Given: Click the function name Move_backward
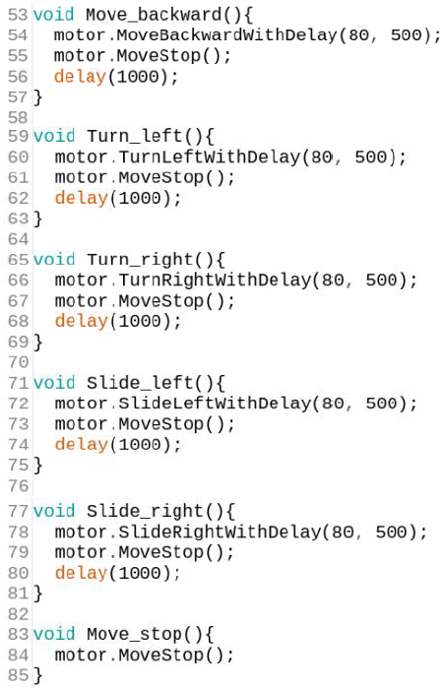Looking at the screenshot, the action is pyautogui.click(x=155, y=15).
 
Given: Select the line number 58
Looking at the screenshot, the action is pyautogui.click(x=18, y=117).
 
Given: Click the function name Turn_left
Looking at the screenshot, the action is pyautogui.click(x=134, y=136).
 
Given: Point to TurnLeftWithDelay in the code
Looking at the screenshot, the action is pyautogui.click(x=209, y=156).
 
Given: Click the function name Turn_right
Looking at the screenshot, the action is pyautogui.click(x=140, y=260).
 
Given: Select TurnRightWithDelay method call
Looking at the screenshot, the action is pyautogui.click(x=215, y=280).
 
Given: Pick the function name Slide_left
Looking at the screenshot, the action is pyautogui.click(x=140, y=383).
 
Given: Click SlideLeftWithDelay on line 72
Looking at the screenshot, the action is pyautogui.click(x=215, y=404).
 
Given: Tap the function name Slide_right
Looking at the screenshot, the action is pyautogui.click(x=145, y=512).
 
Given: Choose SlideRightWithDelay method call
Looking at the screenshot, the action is pyautogui.click(x=220, y=532).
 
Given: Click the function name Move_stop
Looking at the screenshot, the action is pyautogui.click(x=134, y=635).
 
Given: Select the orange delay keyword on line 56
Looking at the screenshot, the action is pyautogui.click(x=80, y=77).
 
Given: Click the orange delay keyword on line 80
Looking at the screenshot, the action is pyautogui.click(x=81, y=573).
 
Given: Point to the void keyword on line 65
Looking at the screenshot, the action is pyautogui.click(x=54, y=259).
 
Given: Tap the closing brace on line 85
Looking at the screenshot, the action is pyautogui.click(x=38, y=676).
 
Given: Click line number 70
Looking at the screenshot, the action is pyautogui.click(x=18, y=362).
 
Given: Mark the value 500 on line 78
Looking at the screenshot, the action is pyautogui.click(x=392, y=532).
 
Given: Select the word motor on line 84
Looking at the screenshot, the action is pyautogui.click(x=81, y=656).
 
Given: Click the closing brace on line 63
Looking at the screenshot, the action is pyautogui.click(x=38, y=219).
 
